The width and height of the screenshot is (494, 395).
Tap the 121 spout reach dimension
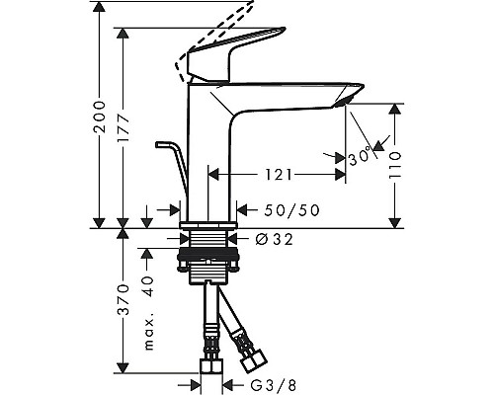(277, 175)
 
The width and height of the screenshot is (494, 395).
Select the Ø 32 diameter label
(269, 238)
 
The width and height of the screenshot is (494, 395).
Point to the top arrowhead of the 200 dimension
(99, 6)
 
